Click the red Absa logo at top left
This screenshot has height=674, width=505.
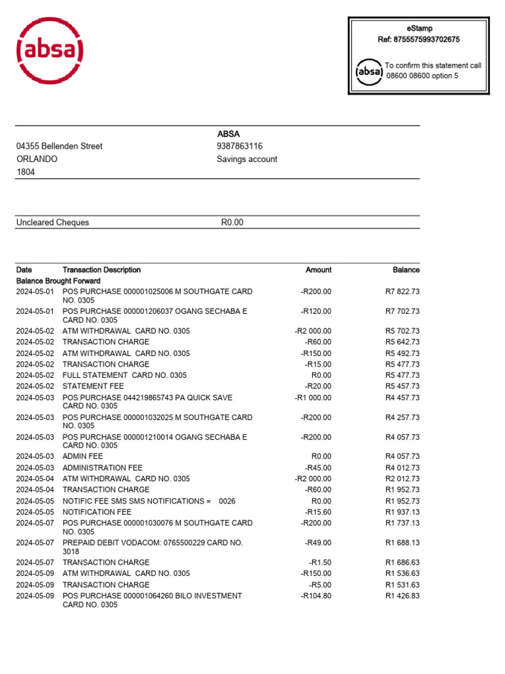50,51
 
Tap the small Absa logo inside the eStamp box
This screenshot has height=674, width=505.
369,71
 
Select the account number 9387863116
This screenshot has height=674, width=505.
240,146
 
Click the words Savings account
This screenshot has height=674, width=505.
247,159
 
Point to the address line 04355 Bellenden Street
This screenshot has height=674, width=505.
59,146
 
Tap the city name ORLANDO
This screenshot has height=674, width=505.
37,159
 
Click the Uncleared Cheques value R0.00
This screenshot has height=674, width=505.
231,222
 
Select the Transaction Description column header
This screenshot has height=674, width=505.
101,270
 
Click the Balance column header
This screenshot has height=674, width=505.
406,270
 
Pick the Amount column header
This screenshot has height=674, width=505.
318,270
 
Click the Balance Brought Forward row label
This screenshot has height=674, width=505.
58,280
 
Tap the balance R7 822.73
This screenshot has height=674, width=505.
402,292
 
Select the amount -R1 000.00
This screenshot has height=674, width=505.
313,398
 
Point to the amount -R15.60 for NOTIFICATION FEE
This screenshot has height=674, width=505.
318,511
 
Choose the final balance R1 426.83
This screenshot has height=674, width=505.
402,596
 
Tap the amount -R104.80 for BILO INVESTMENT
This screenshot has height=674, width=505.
316,596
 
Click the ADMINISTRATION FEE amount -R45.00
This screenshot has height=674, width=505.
318,468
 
